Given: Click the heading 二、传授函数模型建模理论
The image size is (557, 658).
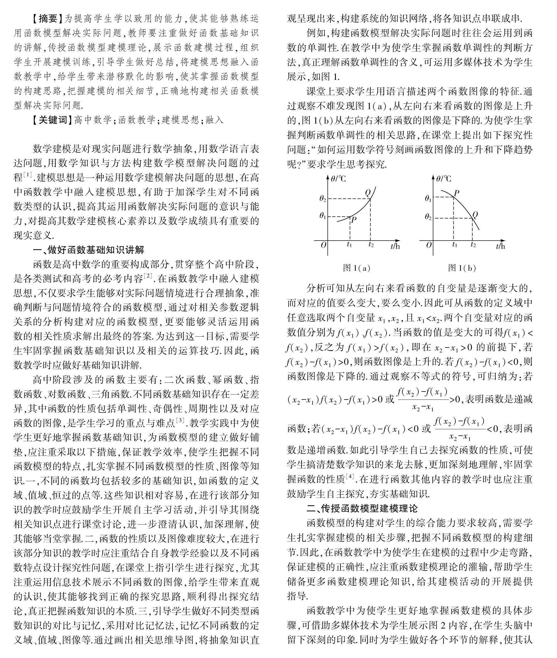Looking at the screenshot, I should [362, 508].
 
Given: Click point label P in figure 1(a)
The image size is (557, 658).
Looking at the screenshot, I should [354, 220].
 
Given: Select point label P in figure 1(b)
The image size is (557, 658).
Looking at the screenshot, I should [456, 193].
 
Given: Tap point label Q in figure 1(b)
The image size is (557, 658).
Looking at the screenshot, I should [475, 215].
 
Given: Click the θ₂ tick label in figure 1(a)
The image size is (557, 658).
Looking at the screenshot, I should [322, 199].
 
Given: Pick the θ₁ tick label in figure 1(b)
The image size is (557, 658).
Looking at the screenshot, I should [428, 199].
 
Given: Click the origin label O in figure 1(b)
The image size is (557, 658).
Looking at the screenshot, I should [429, 245].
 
